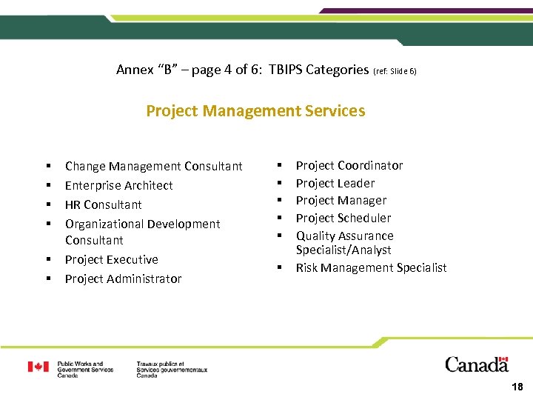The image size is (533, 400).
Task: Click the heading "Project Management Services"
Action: coord(255,111)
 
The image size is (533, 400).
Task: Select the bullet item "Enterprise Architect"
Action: coord(118,185)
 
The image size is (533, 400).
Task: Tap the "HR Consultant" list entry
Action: coord(103,204)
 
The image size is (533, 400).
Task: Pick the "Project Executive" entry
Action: coord(111,259)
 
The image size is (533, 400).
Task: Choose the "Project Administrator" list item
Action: coord(123,279)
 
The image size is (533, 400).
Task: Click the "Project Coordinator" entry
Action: coord(349,165)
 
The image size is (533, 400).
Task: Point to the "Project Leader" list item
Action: coord(335,183)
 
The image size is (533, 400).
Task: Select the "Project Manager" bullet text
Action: coord(341,200)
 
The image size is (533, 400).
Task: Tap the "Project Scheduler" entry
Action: coord(343,218)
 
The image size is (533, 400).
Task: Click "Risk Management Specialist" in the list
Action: coord(371,267)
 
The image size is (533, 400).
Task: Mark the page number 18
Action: coord(517,387)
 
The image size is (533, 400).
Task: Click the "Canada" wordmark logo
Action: coord(477,364)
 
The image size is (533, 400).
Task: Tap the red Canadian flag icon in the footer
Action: coord(38,367)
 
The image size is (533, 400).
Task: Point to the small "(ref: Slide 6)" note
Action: coord(395,71)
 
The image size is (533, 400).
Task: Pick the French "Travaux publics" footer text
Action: coord(172,370)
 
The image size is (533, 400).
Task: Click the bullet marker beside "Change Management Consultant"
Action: coord(47,166)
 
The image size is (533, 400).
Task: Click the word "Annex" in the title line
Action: coord(133,70)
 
